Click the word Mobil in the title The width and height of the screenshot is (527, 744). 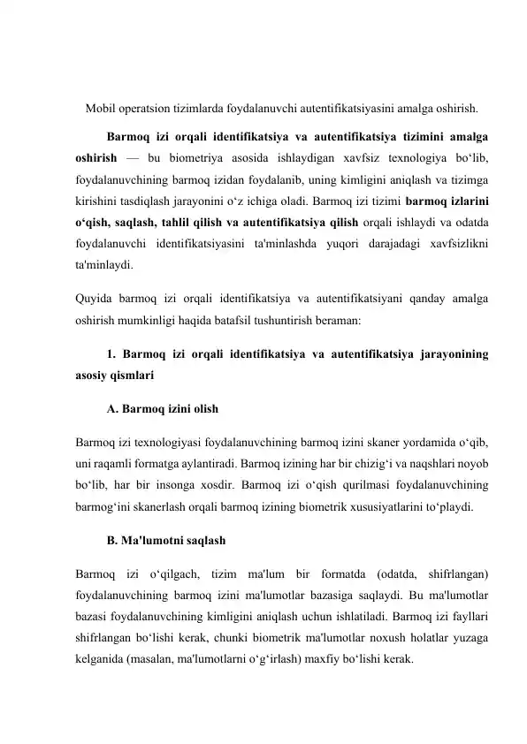click(x=103, y=110)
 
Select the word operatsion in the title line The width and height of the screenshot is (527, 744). click(x=152, y=110)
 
